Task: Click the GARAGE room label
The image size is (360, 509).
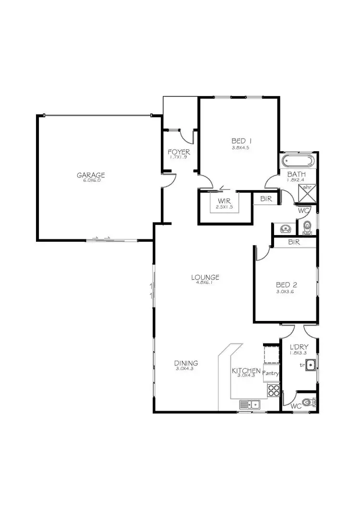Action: click(x=91, y=175)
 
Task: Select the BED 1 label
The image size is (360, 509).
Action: click(x=241, y=141)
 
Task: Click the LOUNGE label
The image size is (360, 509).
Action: click(x=205, y=277)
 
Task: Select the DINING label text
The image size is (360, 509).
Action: click(x=186, y=363)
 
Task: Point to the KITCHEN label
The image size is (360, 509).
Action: click(x=246, y=371)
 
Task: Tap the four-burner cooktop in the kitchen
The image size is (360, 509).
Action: click(x=274, y=390)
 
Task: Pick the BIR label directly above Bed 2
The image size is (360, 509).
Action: click(x=294, y=243)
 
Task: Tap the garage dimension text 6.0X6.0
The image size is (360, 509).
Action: click(x=91, y=181)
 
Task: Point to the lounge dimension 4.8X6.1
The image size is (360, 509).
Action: click(x=205, y=283)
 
